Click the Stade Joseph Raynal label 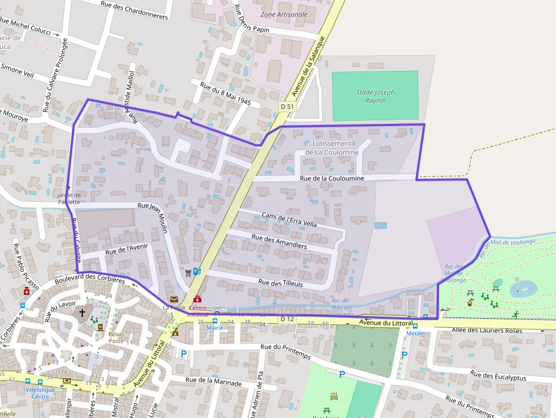(375, 96)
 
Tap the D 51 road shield (287, 107)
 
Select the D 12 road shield (287, 319)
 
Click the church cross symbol (82, 313)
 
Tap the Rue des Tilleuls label (280, 282)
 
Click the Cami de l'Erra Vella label (289, 219)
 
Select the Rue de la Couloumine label (332, 178)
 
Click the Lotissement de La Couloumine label (332, 148)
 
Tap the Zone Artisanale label (284, 14)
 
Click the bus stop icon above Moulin (415, 326)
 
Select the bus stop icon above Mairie (214, 320)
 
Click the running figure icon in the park (515, 315)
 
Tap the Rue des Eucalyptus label (498, 376)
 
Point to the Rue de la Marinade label (214, 382)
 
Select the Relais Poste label (116, 337)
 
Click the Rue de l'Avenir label (127, 248)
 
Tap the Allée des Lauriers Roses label (486, 330)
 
